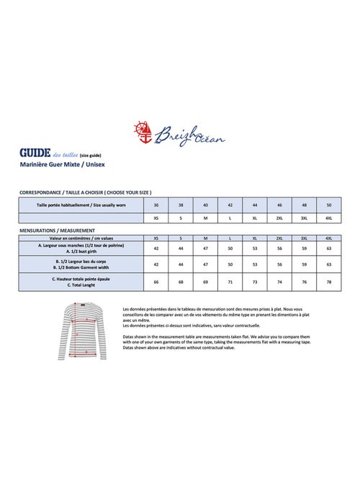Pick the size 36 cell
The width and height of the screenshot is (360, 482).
[156, 205]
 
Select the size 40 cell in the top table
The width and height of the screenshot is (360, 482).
[205, 205]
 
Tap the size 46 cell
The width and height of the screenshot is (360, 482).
[279, 205]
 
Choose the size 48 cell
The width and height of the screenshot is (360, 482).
[304, 205]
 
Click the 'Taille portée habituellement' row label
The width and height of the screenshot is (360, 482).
[81, 205]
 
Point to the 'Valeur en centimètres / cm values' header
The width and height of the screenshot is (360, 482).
[81, 237]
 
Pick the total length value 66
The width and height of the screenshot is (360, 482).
[156, 282]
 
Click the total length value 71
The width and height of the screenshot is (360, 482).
[230, 282]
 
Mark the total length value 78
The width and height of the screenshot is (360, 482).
[328, 282]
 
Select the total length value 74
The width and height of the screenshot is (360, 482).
[279, 282]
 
